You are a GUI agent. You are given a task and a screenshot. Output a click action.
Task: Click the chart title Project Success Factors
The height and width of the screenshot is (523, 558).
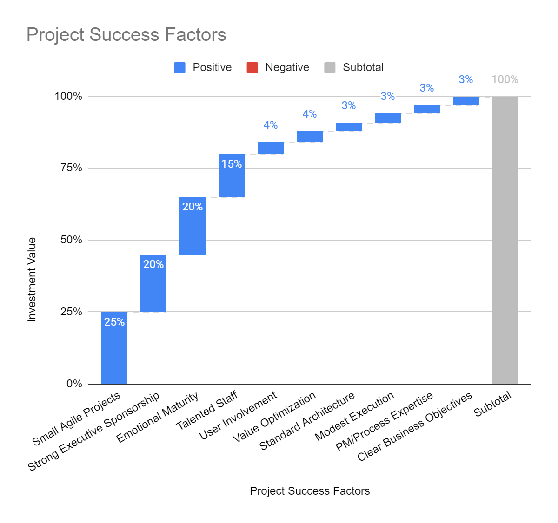(x=126, y=35)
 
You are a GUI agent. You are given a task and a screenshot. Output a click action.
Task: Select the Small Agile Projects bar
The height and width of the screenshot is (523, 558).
(x=114, y=348)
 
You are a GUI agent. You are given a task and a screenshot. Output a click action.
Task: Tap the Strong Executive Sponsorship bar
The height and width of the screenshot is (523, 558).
(x=153, y=283)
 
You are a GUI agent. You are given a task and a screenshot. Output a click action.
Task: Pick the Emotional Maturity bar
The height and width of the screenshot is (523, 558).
(x=193, y=226)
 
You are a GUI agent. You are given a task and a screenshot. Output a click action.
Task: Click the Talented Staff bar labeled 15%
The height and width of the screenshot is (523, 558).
(x=232, y=176)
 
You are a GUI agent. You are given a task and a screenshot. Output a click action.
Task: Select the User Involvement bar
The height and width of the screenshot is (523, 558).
(x=271, y=148)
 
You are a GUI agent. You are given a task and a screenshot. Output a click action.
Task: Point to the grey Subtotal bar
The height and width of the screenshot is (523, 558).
(x=505, y=240)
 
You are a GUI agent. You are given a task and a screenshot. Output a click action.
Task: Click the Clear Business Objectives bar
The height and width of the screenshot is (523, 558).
(x=466, y=101)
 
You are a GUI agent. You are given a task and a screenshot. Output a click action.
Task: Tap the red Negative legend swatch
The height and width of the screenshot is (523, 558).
(x=252, y=68)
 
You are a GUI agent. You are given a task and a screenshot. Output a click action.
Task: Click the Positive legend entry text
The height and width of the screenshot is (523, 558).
(x=212, y=68)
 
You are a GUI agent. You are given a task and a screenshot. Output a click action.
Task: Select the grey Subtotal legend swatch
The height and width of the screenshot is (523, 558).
(x=330, y=68)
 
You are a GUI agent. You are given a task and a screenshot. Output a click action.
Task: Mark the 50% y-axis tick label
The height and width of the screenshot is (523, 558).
(x=71, y=240)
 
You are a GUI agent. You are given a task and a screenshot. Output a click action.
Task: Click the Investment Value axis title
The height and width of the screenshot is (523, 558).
(x=32, y=280)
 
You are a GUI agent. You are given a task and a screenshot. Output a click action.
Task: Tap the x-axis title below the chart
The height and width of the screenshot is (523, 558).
(x=310, y=491)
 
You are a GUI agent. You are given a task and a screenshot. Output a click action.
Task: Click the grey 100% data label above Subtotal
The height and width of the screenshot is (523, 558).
(x=505, y=79)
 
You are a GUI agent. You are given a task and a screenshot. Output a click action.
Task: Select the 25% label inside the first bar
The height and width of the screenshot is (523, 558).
(x=114, y=322)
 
